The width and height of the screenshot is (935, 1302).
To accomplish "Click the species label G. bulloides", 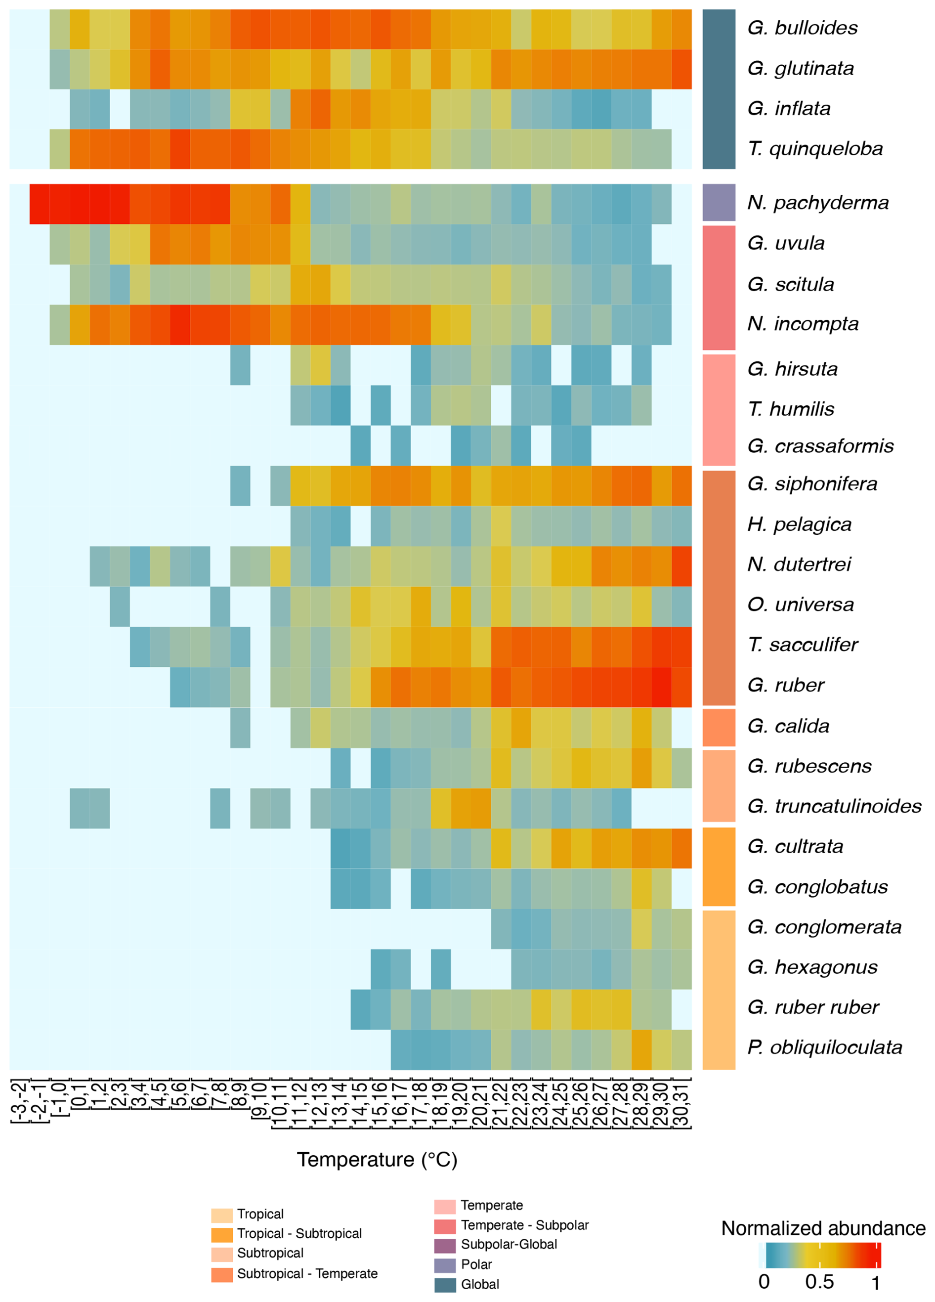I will pyautogui.click(x=802, y=28).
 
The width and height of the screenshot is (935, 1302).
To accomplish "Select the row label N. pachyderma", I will pyautogui.click(x=817, y=203).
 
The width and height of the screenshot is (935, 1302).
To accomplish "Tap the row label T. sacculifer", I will pyautogui.click(x=802, y=645).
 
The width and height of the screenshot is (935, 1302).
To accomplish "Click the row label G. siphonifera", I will pyautogui.click(x=811, y=484).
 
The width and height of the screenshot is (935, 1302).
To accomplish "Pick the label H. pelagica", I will pyautogui.click(x=799, y=524).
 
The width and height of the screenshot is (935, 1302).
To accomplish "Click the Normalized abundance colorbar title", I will pyautogui.click(x=823, y=1228).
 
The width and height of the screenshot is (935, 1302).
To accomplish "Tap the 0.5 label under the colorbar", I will pyautogui.click(x=819, y=1281).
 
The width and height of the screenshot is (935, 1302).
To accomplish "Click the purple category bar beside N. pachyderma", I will pyautogui.click(x=719, y=203).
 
